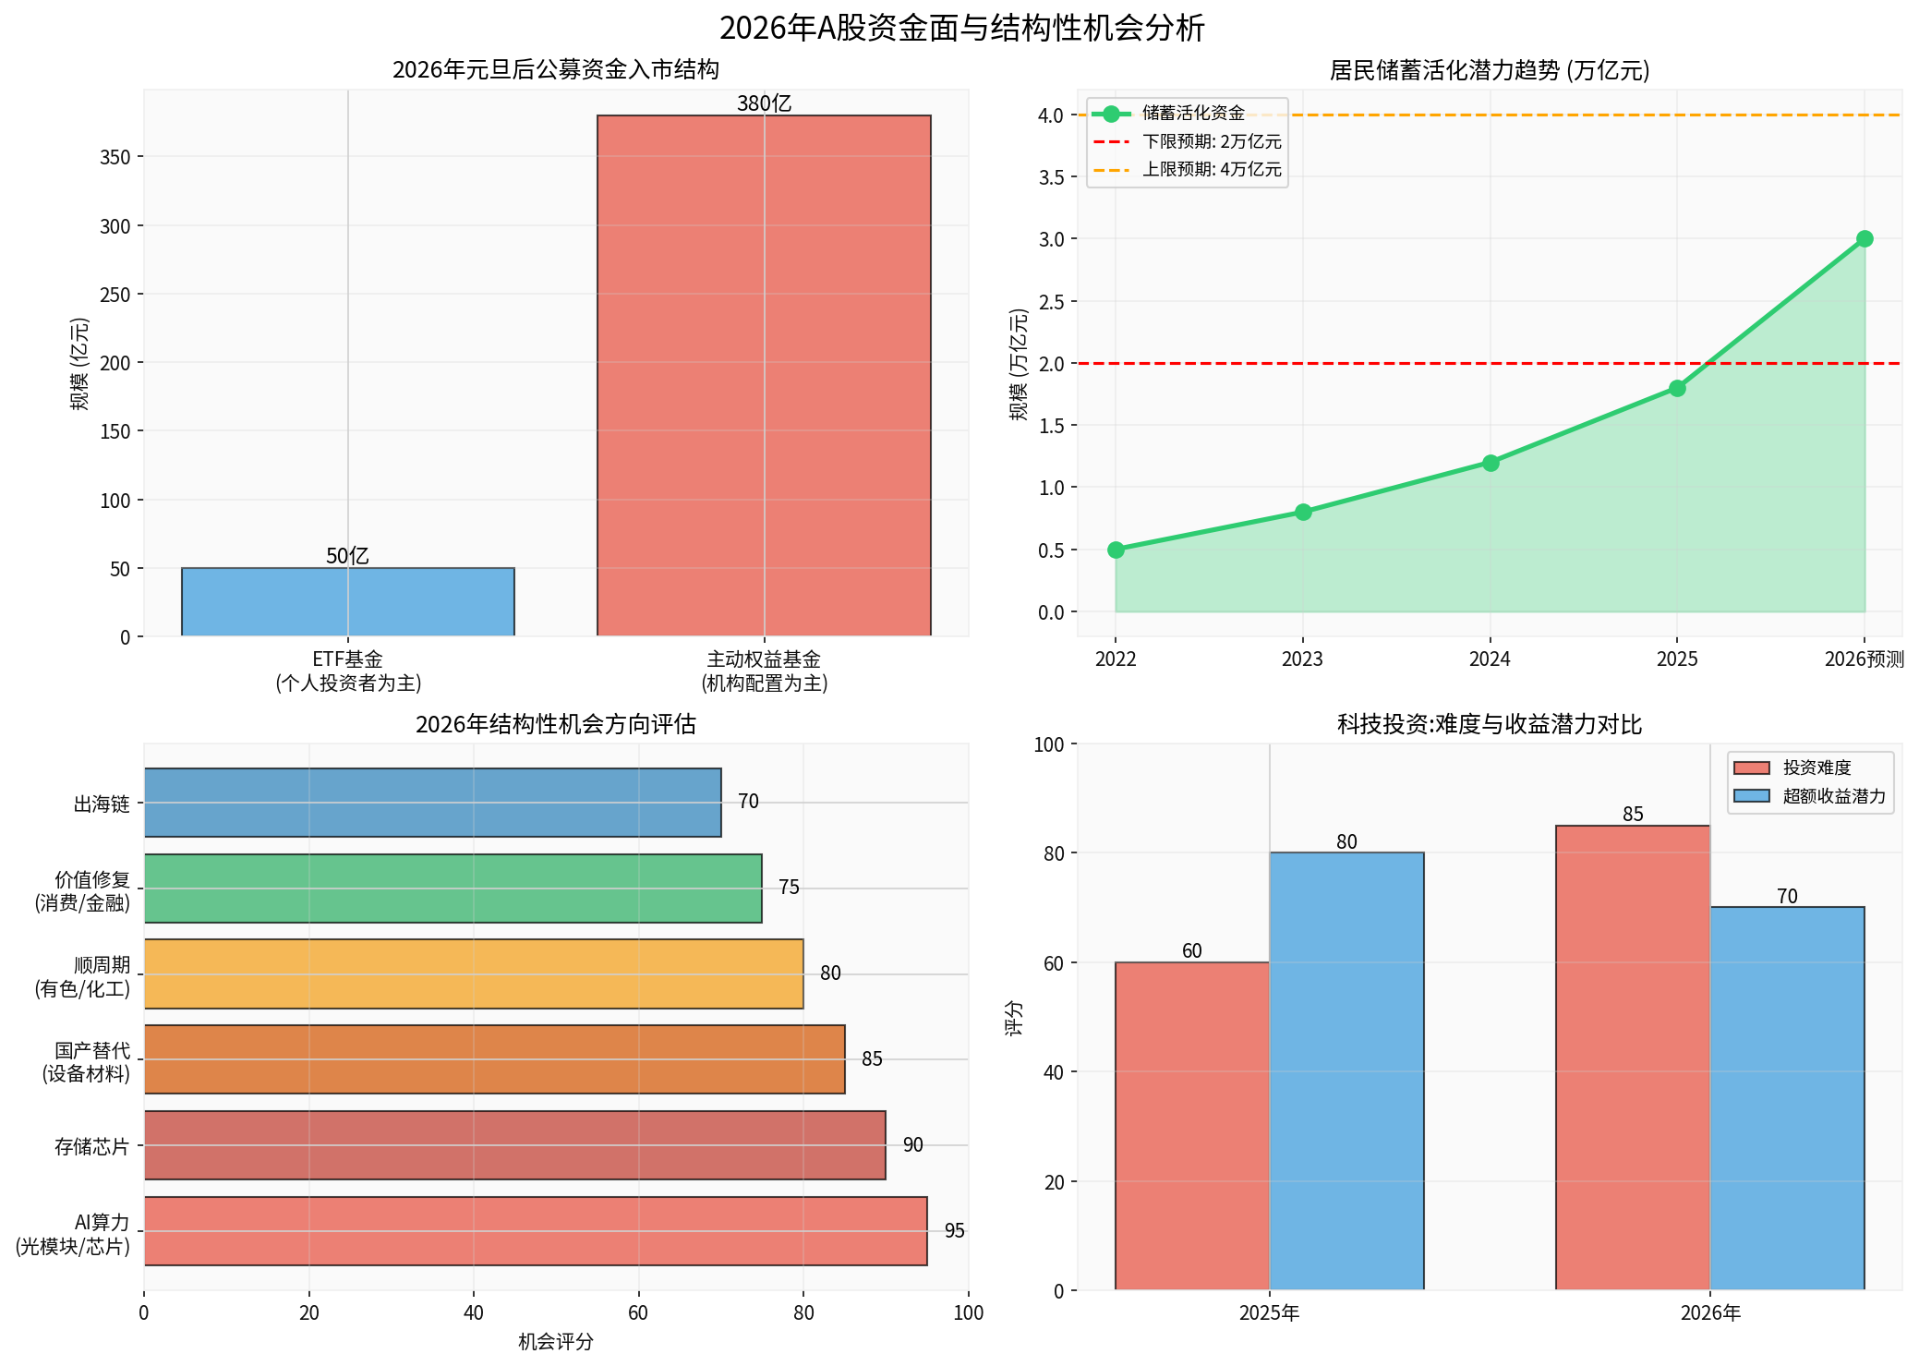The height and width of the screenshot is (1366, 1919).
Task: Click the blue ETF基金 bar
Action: point(347,601)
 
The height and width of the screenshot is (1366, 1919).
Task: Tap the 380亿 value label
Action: point(764,103)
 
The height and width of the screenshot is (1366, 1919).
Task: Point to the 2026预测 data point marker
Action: point(1864,238)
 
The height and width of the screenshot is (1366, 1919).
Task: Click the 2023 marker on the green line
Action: point(1302,512)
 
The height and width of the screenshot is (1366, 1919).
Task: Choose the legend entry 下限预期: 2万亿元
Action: point(1211,141)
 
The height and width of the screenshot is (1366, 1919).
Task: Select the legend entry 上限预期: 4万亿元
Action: point(1211,169)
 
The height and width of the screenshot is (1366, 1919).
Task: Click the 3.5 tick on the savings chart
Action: point(1051,177)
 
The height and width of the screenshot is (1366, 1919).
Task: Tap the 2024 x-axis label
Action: point(1489,659)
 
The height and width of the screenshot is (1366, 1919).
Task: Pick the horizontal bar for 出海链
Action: point(432,803)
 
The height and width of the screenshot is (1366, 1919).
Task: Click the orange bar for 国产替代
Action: point(494,1059)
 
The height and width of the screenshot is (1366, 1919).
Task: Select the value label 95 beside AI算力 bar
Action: point(954,1231)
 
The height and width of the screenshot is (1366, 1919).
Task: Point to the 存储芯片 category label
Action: point(91,1147)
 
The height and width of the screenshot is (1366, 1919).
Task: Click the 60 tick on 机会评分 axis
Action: point(638,1312)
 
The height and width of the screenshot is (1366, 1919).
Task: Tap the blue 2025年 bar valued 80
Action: point(1346,1070)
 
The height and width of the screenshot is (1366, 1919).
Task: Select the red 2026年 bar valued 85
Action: point(1632,1057)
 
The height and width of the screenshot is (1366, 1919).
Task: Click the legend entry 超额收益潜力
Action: point(1833,796)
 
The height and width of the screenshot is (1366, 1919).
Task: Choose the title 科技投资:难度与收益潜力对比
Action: point(1489,724)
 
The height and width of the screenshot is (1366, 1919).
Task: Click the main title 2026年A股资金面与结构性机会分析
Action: point(960,28)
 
